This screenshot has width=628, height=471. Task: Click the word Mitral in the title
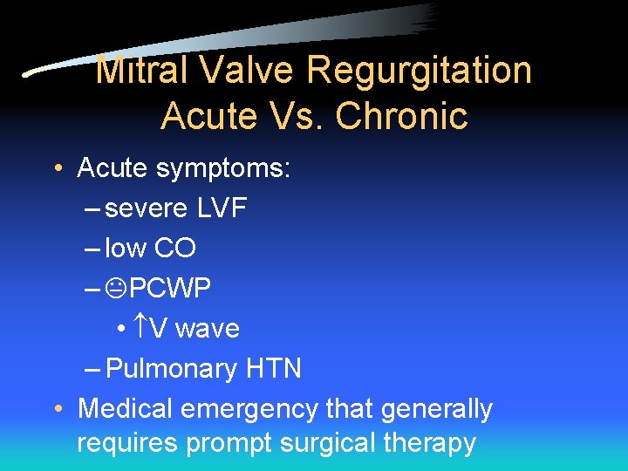click(x=133, y=71)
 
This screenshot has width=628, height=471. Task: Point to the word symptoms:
click(x=223, y=167)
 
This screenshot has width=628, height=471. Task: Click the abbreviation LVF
click(x=222, y=208)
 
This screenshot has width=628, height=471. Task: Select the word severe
click(x=146, y=208)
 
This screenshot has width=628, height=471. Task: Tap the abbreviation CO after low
click(x=174, y=248)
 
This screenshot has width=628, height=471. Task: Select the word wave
click(x=208, y=328)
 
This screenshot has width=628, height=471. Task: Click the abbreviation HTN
click(x=272, y=368)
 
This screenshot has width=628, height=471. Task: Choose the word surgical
click(x=329, y=443)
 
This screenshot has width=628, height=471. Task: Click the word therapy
click(x=431, y=443)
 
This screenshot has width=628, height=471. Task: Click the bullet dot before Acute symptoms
click(x=57, y=167)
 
